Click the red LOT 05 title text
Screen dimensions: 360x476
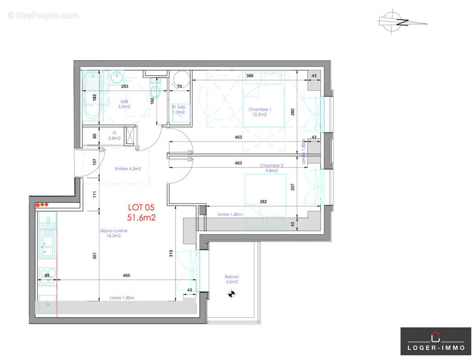(x=141, y=207)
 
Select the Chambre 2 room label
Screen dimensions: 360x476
(x=271, y=166)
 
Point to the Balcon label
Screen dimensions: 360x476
(x=232, y=277)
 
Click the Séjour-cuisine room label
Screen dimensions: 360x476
(x=113, y=231)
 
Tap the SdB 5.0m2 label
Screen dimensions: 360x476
(x=124, y=104)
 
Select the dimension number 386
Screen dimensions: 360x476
(x=251, y=76)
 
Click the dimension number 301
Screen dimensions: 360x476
(x=95, y=255)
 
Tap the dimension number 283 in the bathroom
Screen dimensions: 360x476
(x=125, y=86)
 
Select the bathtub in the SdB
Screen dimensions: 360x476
(x=92, y=96)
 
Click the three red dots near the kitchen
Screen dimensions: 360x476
(x=42, y=205)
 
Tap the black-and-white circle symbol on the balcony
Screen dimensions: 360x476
(x=232, y=295)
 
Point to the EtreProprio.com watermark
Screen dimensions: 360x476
(x=43, y=16)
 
